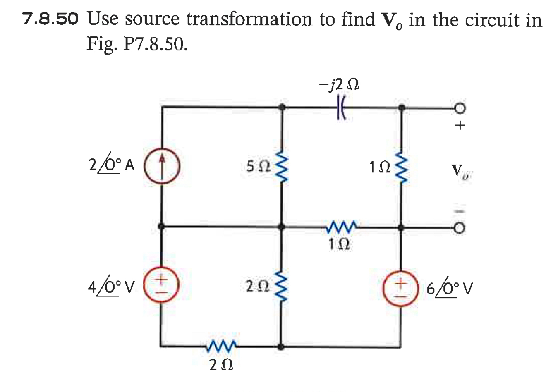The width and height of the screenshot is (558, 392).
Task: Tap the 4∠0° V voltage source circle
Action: (161, 285)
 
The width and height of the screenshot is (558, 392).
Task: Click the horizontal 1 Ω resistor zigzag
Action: (341, 226)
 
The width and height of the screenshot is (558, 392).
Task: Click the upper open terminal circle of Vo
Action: (460, 108)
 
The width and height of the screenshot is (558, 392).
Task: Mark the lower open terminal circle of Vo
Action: (460, 228)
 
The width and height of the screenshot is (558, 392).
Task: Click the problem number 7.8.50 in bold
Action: (50, 19)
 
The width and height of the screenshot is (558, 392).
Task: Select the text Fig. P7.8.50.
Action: (137, 43)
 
